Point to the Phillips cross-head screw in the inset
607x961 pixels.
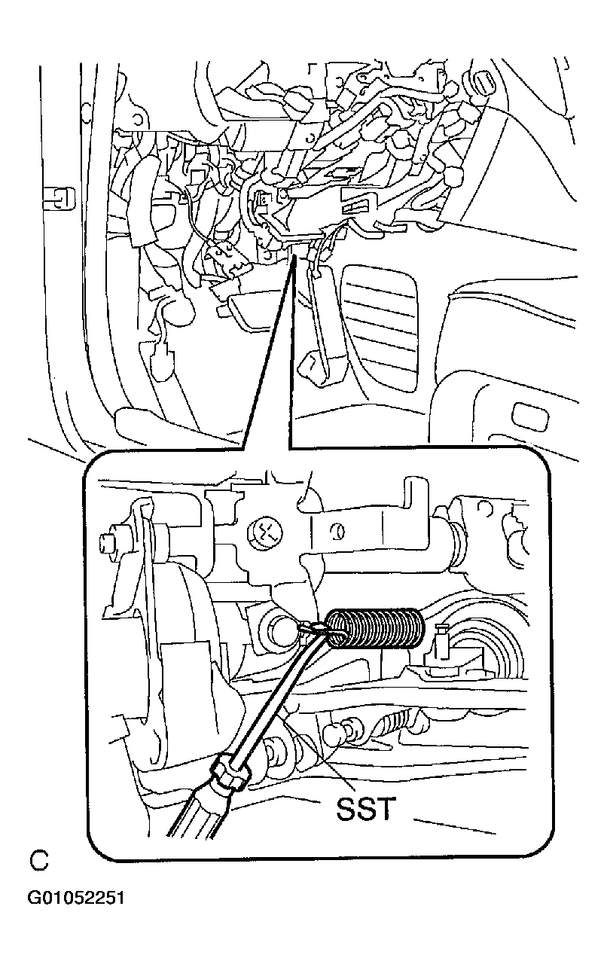(266, 532)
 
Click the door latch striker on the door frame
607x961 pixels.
(59, 198)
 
